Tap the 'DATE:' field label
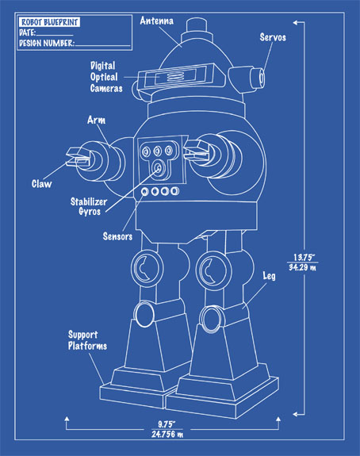coord(28,33)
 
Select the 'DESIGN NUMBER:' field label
coord(46,44)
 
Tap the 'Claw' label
coord(41,184)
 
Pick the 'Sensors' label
coord(117,236)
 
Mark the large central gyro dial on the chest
coord(161,169)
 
